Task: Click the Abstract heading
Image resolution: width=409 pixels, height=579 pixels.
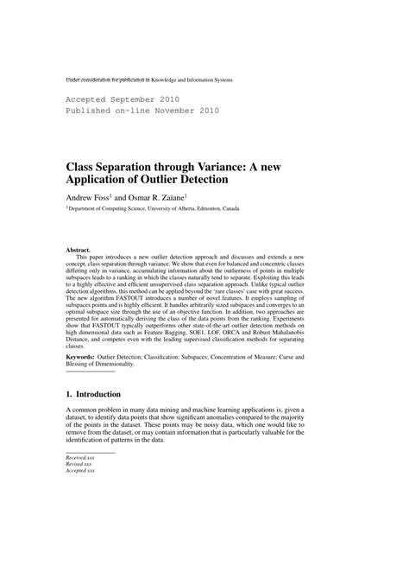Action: [79, 251]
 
